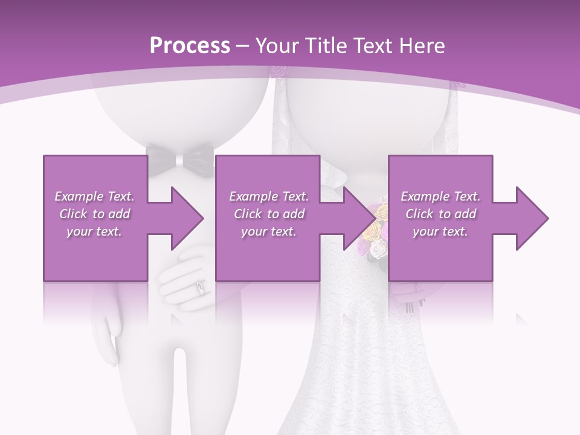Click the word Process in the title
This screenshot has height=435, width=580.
(x=190, y=45)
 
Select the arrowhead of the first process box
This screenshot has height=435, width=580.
(x=185, y=218)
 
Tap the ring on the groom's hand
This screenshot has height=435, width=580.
(x=199, y=288)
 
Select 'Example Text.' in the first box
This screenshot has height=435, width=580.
(x=94, y=196)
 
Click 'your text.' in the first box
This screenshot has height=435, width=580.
(x=94, y=231)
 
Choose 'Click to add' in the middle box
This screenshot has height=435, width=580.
(x=269, y=214)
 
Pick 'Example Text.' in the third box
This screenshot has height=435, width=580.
(x=440, y=196)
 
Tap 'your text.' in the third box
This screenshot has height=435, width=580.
(x=440, y=231)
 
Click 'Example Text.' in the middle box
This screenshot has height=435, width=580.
(x=269, y=196)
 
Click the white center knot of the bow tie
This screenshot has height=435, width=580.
(x=179, y=161)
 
